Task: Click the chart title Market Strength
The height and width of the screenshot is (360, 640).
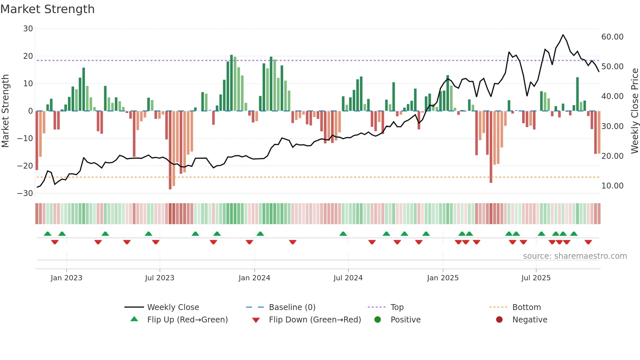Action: [x=48, y=9]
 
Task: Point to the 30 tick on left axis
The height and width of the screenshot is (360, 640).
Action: [x=28, y=29]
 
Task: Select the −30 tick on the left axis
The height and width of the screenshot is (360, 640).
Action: [x=25, y=193]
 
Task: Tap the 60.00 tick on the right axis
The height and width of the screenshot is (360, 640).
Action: [x=612, y=37]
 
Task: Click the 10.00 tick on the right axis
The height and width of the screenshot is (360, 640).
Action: [x=612, y=186]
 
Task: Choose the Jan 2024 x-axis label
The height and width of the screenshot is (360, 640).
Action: [x=254, y=278]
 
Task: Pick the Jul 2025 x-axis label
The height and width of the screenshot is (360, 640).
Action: [x=536, y=278]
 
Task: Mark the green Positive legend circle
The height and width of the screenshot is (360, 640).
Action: [x=378, y=320]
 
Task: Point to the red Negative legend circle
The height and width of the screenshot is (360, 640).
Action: [x=499, y=320]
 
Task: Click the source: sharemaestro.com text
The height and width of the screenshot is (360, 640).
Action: [x=575, y=256]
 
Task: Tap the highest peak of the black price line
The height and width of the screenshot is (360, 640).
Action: [x=563, y=35]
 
